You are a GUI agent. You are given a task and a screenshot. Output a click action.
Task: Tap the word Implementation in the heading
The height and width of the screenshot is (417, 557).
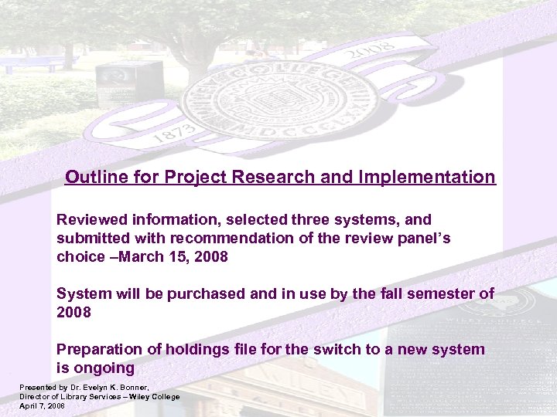click(x=427, y=177)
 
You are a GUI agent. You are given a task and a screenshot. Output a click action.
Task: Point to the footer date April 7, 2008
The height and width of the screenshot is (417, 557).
click(x=42, y=405)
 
